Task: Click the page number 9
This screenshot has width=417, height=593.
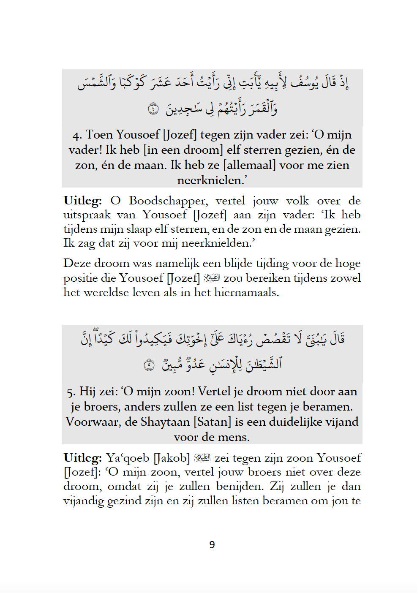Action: click(212, 545)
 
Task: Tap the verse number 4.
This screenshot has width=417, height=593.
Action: click(76, 136)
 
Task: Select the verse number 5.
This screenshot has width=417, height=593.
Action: click(70, 392)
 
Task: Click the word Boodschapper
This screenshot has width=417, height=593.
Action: click(168, 201)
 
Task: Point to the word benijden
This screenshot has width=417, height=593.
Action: click(240, 486)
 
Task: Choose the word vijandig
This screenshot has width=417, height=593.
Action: click(83, 501)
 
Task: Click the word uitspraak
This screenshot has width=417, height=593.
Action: click(87, 215)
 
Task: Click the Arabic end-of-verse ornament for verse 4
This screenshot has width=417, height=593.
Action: click(153, 109)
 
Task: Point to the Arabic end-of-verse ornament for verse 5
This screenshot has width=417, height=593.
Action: click(149, 365)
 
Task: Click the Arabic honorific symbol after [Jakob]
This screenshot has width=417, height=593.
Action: click(202, 457)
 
